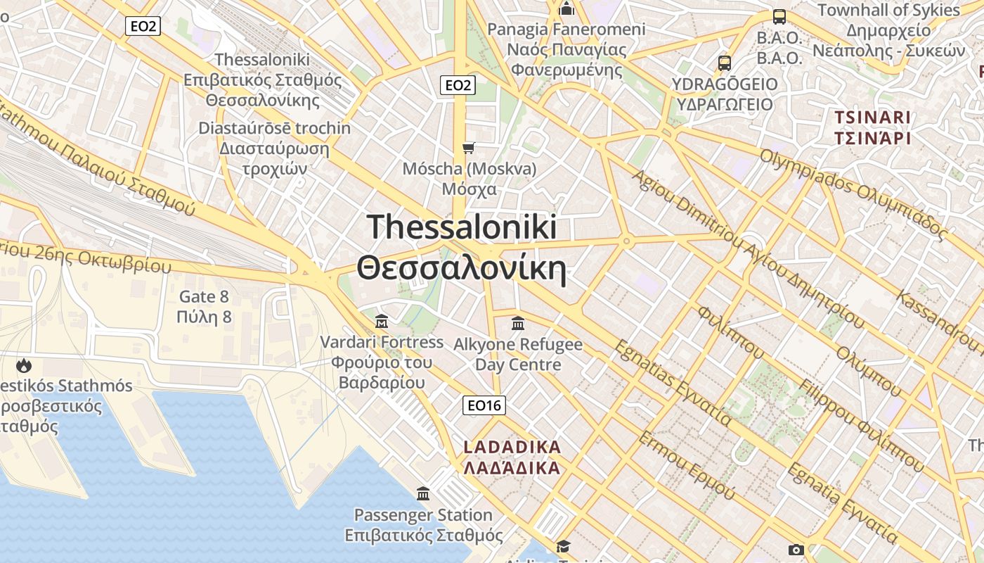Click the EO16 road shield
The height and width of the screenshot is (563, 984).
tap(484, 405)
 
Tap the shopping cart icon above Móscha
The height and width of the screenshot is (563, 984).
tap(469, 148)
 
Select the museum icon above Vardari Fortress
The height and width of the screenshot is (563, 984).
tap(382, 322)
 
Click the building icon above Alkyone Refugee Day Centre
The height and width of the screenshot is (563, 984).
tap(518, 324)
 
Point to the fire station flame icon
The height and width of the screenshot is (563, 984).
tap(24, 365)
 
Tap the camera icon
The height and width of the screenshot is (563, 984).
tap(796, 550)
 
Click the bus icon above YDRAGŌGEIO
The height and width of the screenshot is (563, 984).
tap(725, 63)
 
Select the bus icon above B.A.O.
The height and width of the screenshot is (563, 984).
tap(779, 17)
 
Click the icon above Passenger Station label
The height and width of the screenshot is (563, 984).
tap(423, 494)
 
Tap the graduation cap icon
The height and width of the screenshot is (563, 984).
tap(563, 547)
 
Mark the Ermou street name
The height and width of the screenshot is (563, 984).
tap(686, 465)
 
